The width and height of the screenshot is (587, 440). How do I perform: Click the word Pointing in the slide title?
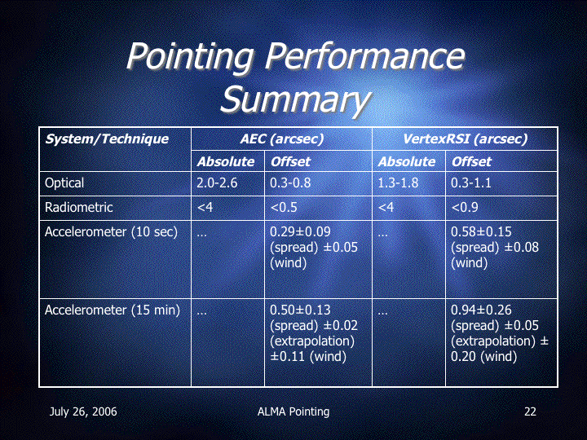click(190, 56)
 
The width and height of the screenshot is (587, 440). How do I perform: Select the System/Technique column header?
click(107, 139)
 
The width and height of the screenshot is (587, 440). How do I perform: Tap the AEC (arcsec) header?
click(281, 139)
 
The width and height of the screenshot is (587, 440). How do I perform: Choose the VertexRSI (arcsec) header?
click(465, 139)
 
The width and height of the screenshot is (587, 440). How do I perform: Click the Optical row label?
click(64, 183)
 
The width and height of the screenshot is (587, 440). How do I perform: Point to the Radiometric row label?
click(78, 207)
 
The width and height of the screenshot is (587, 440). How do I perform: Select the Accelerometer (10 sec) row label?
click(111, 232)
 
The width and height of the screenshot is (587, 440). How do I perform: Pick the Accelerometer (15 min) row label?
click(113, 310)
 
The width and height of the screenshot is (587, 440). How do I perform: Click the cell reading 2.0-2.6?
click(217, 183)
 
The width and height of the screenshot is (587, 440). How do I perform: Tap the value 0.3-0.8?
click(290, 183)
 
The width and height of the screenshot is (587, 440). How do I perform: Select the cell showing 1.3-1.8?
click(398, 183)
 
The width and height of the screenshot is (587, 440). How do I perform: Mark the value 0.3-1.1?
click(471, 183)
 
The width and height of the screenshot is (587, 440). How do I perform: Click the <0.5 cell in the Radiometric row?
click(284, 207)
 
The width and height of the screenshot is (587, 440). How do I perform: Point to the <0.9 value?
click(465, 207)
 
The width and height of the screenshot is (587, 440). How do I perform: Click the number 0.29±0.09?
click(300, 232)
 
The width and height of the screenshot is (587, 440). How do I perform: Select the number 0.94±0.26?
click(481, 310)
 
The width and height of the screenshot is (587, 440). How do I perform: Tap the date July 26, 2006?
click(83, 411)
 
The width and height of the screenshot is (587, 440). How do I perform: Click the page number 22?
click(530, 411)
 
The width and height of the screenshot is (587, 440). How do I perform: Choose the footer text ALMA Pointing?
click(293, 411)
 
